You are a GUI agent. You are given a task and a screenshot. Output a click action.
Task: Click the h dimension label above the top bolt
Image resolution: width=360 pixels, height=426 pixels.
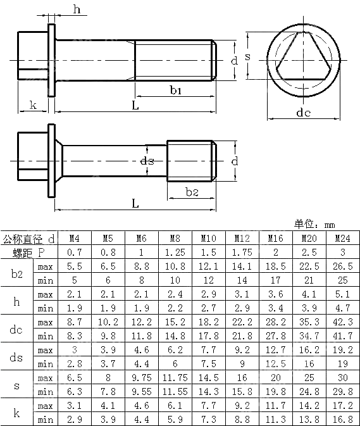pos(76,9)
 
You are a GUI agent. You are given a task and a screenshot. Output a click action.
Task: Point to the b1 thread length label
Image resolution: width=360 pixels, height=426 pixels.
pos(176,91)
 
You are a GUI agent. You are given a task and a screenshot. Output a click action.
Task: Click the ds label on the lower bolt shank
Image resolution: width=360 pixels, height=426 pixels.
pos(147,161)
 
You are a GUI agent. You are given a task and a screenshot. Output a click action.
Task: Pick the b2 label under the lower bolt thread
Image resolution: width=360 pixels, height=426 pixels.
pos(192,192)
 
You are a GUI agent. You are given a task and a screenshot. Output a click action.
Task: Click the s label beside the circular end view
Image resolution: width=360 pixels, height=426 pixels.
pos(247,56)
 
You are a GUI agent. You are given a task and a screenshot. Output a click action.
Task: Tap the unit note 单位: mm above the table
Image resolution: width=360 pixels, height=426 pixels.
pos(314,224)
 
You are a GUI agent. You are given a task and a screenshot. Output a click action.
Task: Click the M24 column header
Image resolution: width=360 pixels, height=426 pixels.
pos(343,239)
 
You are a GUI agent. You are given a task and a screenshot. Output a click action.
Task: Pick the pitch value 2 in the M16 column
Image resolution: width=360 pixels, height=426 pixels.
pos(275,253)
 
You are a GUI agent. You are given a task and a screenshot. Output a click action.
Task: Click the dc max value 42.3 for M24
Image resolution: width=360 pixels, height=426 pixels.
pos(343,322)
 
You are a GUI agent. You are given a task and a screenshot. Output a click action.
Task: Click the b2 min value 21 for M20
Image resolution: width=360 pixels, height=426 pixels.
pos(309,280)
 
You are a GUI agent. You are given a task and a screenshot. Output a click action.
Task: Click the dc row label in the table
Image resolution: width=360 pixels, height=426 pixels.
pos(17,329)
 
